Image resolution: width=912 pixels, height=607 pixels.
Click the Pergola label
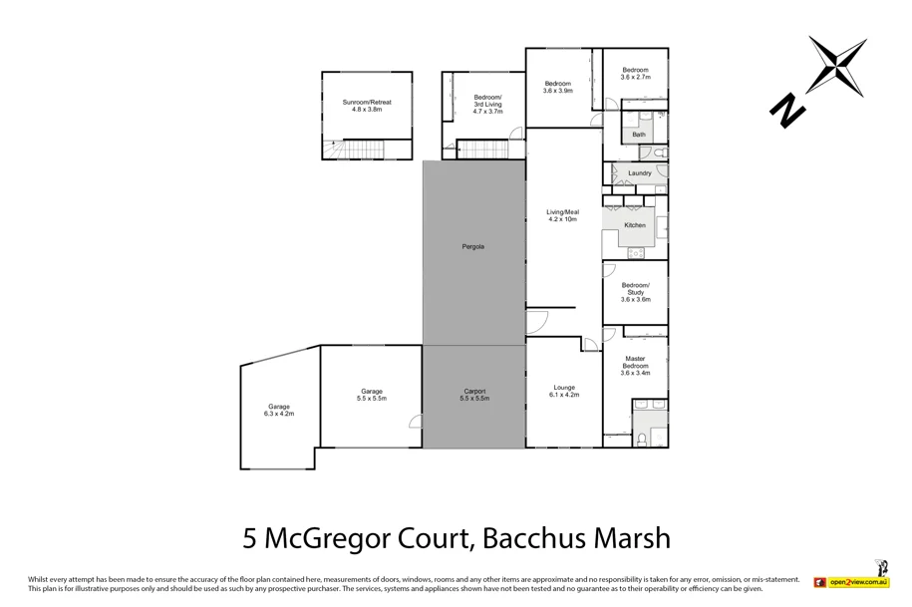(x=473, y=246)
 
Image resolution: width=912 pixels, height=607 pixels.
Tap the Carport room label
(x=474, y=395)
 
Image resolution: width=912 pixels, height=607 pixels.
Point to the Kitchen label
(x=635, y=225)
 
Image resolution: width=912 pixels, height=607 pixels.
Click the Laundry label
(x=639, y=173)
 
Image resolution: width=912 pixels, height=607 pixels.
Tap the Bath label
(x=638, y=134)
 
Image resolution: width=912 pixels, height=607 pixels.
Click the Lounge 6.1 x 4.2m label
(x=563, y=391)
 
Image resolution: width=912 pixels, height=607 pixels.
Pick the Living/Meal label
(x=562, y=215)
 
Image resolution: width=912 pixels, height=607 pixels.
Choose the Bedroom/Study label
(x=635, y=292)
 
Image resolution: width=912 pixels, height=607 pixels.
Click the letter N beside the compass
(x=787, y=110)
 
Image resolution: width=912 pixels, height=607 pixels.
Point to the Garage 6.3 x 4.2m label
(x=278, y=410)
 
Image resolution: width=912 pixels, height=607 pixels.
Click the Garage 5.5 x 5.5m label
(x=371, y=395)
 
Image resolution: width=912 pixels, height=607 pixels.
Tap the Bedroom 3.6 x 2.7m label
(x=635, y=74)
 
